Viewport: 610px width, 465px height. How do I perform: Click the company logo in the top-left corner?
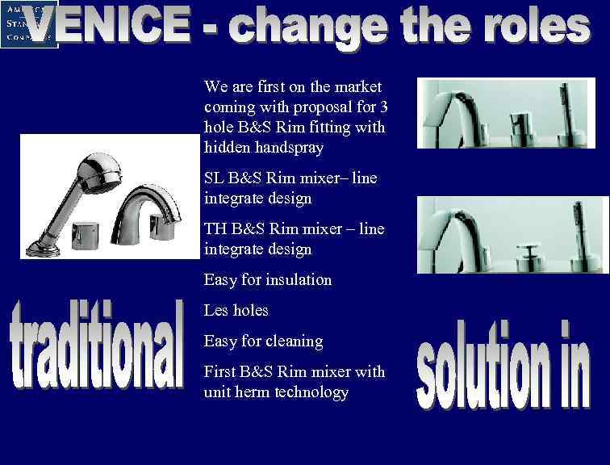[x=29, y=24]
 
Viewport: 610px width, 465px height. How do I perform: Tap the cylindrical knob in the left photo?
[x=82, y=233]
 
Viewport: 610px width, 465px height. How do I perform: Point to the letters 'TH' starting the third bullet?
[x=215, y=229]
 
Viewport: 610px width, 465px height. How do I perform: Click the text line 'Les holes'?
[x=236, y=310]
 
